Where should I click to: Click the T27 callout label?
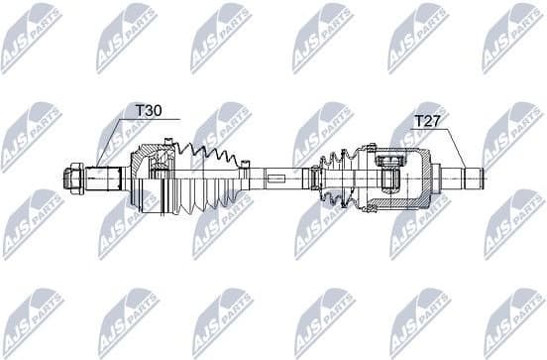pos(426,121)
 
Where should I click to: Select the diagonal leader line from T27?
pos(454,150)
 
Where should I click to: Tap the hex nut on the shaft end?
pos(75,180)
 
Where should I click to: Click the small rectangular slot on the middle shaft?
pos(275,180)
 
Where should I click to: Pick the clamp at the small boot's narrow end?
pos(316,180)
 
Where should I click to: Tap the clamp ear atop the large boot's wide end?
pos(174,146)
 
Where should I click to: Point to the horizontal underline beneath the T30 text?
pos(149,120)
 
